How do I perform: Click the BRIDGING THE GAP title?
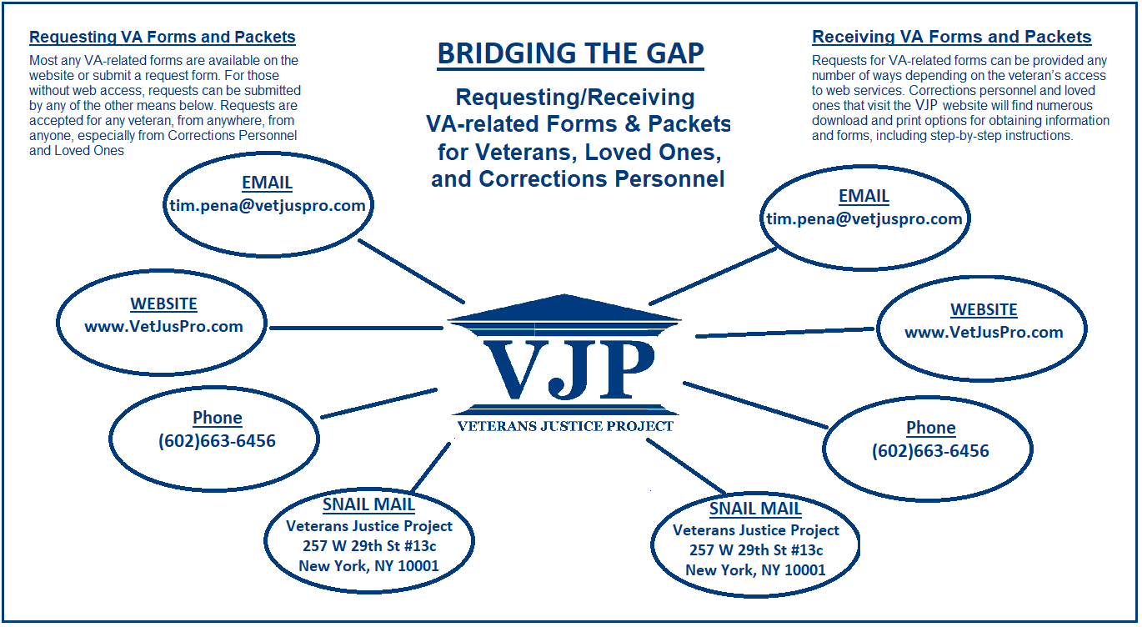click(570, 53)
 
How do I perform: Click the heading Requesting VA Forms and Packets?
click(162, 38)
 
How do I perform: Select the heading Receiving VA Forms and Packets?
click(951, 37)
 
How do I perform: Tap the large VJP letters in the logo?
click(568, 369)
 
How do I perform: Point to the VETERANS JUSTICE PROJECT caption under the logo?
click(565, 426)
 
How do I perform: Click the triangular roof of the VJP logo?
click(563, 308)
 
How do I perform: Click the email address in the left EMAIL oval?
click(268, 205)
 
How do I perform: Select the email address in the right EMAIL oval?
click(864, 218)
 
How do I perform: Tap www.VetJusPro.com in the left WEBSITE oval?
click(163, 326)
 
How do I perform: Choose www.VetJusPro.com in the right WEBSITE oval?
click(984, 333)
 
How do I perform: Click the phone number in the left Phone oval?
click(218, 441)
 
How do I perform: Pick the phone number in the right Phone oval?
click(930, 451)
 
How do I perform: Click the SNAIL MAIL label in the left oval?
click(368, 504)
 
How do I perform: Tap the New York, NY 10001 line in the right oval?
click(755, 570)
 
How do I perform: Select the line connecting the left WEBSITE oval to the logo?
click(356, 328)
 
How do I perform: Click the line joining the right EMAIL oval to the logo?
click(713, 276)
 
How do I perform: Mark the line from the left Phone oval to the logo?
click(378, 404)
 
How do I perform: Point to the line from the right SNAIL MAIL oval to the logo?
click(686, 466)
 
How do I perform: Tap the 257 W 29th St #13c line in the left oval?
click(369, 546)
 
